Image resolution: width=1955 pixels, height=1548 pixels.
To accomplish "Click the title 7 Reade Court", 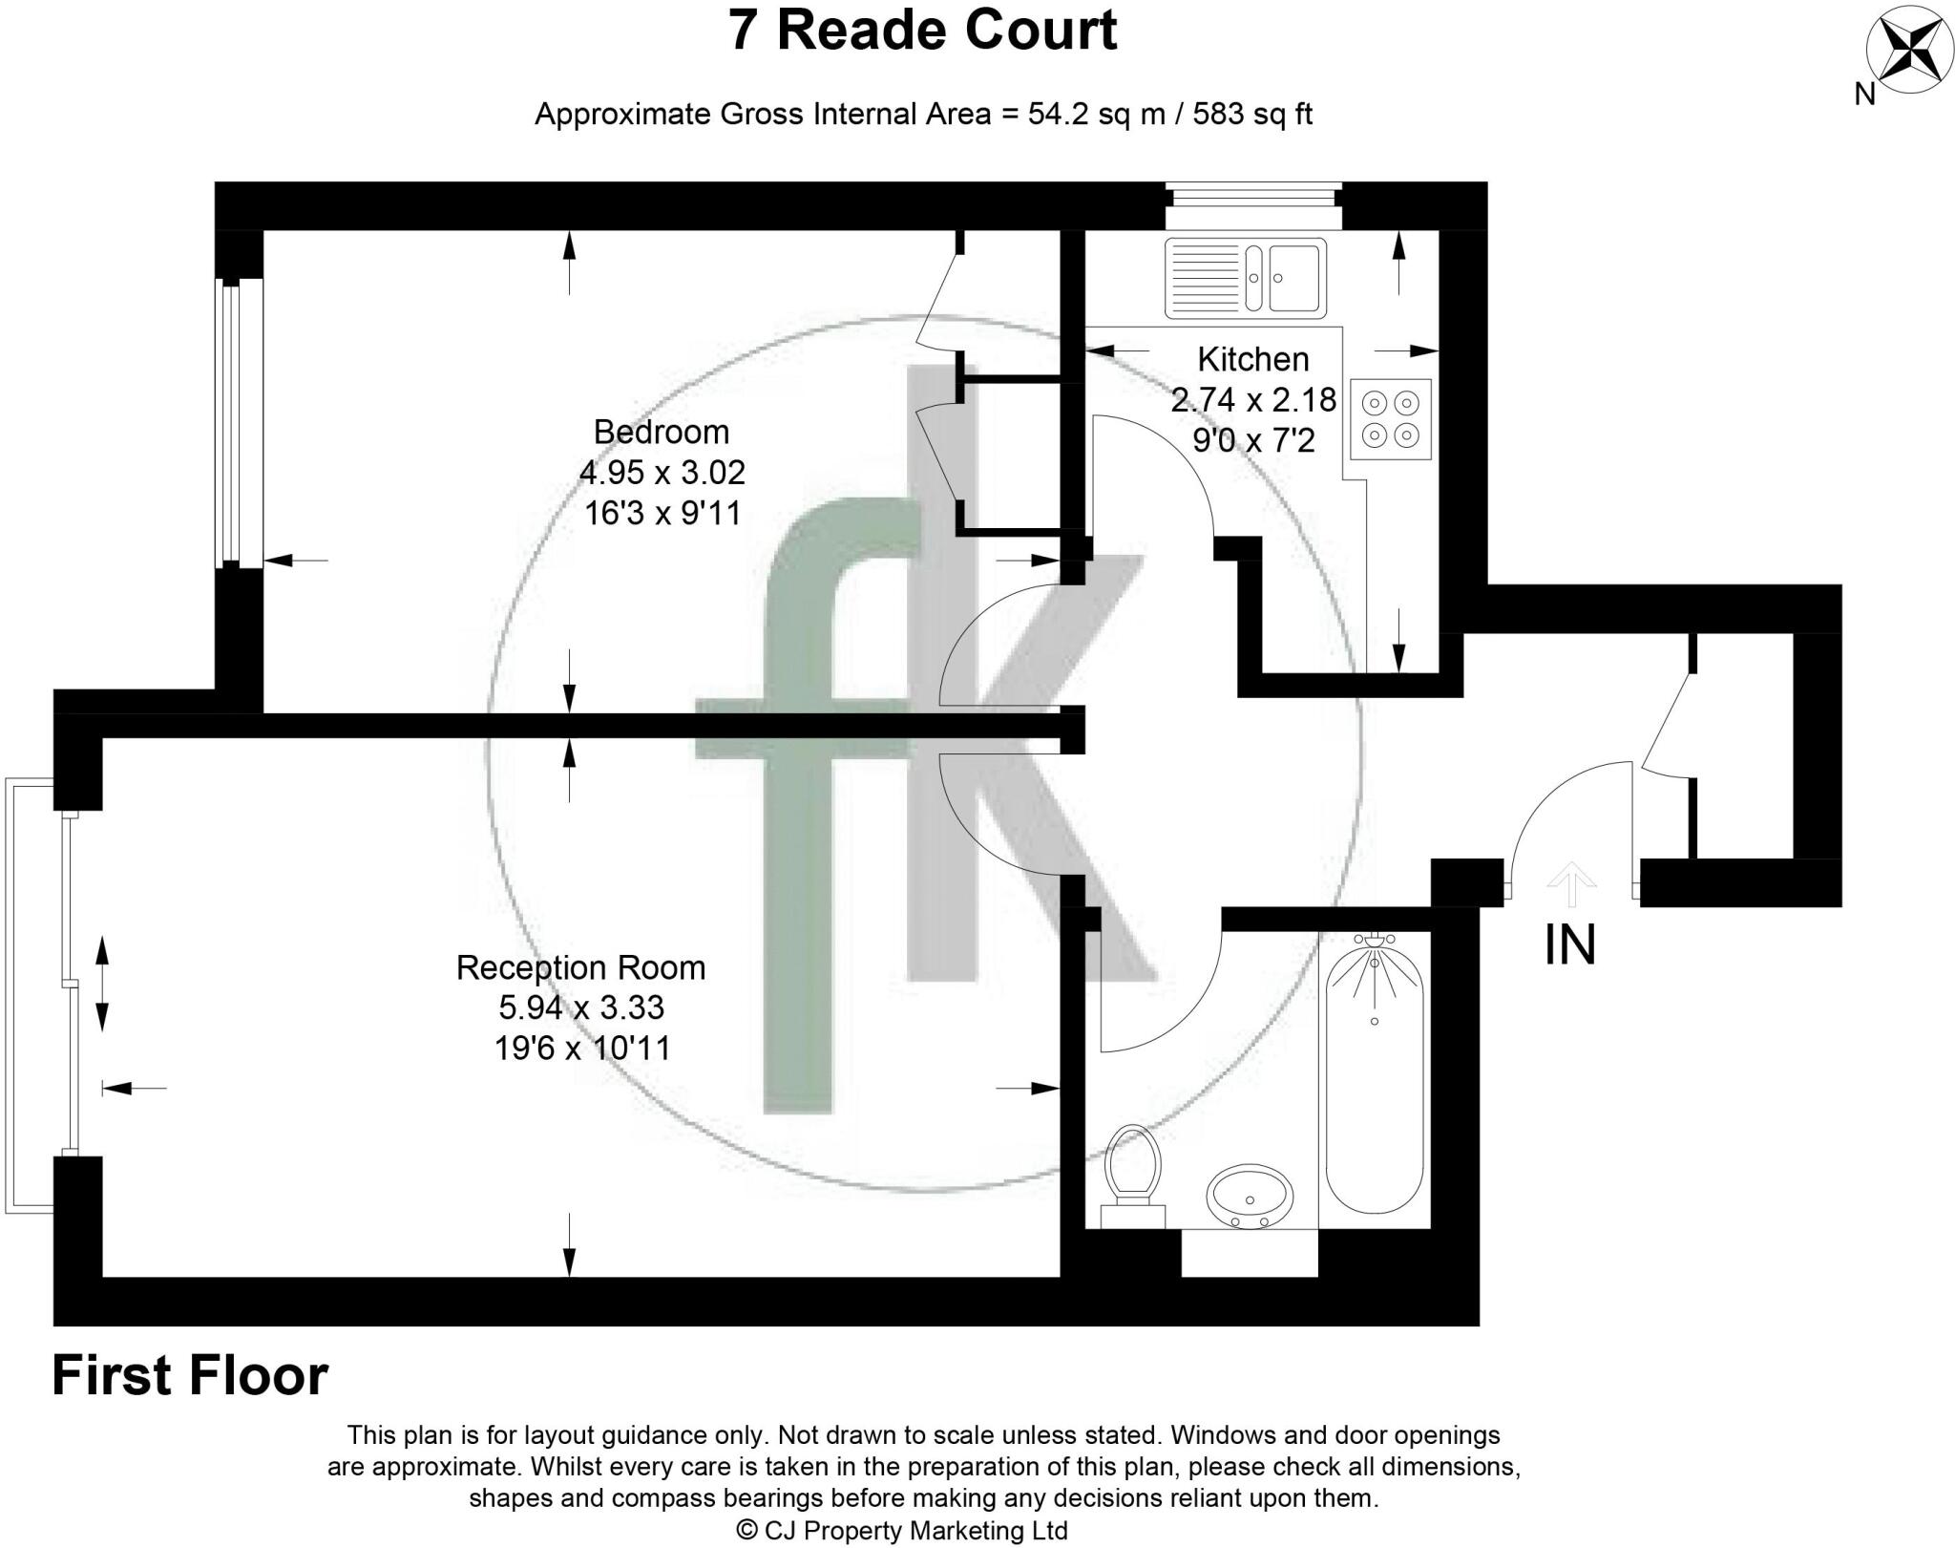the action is click(922, 31).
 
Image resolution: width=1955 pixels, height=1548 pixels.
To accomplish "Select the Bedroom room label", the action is click(662, 432).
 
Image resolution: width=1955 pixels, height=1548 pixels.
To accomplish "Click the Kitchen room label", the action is click(1253, 359).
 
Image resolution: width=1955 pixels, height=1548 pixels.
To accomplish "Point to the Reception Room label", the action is click(580, 967).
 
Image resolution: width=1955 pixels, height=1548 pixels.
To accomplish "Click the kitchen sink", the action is click(1246, 278).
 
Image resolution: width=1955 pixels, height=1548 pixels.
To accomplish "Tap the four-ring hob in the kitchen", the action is click(1391, 419).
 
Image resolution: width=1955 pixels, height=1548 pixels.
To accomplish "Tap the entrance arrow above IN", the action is click(1570, 884).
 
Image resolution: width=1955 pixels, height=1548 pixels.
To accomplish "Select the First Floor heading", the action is click(190, 1376).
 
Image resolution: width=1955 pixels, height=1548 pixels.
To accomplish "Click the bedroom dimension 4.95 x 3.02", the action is click(662, 472).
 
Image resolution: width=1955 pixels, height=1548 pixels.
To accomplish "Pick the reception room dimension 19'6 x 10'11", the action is click(582, 1049).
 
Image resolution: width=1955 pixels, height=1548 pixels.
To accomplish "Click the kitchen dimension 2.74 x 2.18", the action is click(1253, 399).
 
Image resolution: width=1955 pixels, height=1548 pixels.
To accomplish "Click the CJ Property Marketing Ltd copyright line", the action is click(902, 1531).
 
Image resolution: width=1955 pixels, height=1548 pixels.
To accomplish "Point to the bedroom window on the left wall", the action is click(238, 423).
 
